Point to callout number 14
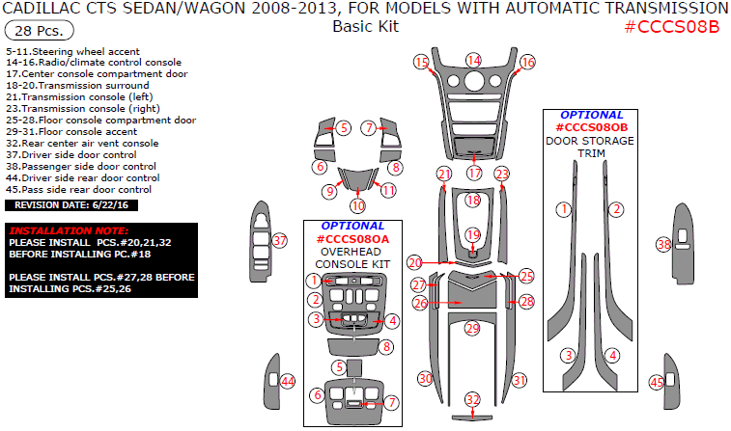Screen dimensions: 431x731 pos(473,61)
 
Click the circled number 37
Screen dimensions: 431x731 pos(280,240)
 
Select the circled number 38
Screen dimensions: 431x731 pos(663,245)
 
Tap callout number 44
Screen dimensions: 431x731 pos(287,382)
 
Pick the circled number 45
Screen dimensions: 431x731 pos(657,382)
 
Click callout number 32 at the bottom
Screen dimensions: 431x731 pos(472,399)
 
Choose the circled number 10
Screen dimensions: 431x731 pos(358,205)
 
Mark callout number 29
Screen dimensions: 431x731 pos(472,329)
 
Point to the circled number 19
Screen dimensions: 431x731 pos(472,234)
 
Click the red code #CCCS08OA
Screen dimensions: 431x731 pos(351,238)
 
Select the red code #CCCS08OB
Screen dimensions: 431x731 pos(591,127)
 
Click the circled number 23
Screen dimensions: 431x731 pos(502,174)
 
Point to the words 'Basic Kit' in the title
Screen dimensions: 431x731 pos(365,26)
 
